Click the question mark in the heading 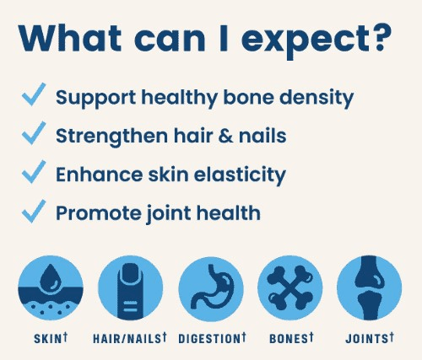coord(381,37)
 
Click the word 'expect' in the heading coord(304,40)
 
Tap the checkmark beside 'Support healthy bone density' coord(34,94)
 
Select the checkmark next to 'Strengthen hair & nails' coord(34,133)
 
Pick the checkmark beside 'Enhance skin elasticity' coord(34,172)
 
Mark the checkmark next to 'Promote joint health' coord(34,212)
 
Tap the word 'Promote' coord(99,213)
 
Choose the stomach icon coord(211,287)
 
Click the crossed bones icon coord(289,287)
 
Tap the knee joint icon coord(369,287)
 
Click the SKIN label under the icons coord(51,338)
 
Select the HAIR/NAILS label coord(130,338)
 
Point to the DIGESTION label coord(213,338)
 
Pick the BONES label coord(291,338)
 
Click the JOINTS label coord(370,338)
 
